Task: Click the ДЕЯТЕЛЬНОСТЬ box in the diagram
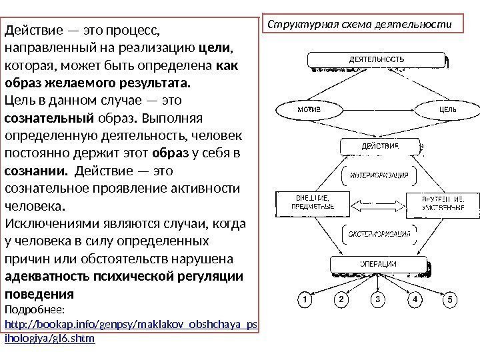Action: [x=377, y=60]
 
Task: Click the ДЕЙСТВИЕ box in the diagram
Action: [x=379, y=146]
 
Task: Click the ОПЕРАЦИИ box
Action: [x=379, y=264]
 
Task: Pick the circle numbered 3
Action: [x=378, y=299]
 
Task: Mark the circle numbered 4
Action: [x=415, y=299]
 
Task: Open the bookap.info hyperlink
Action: [x=131, y=325]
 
